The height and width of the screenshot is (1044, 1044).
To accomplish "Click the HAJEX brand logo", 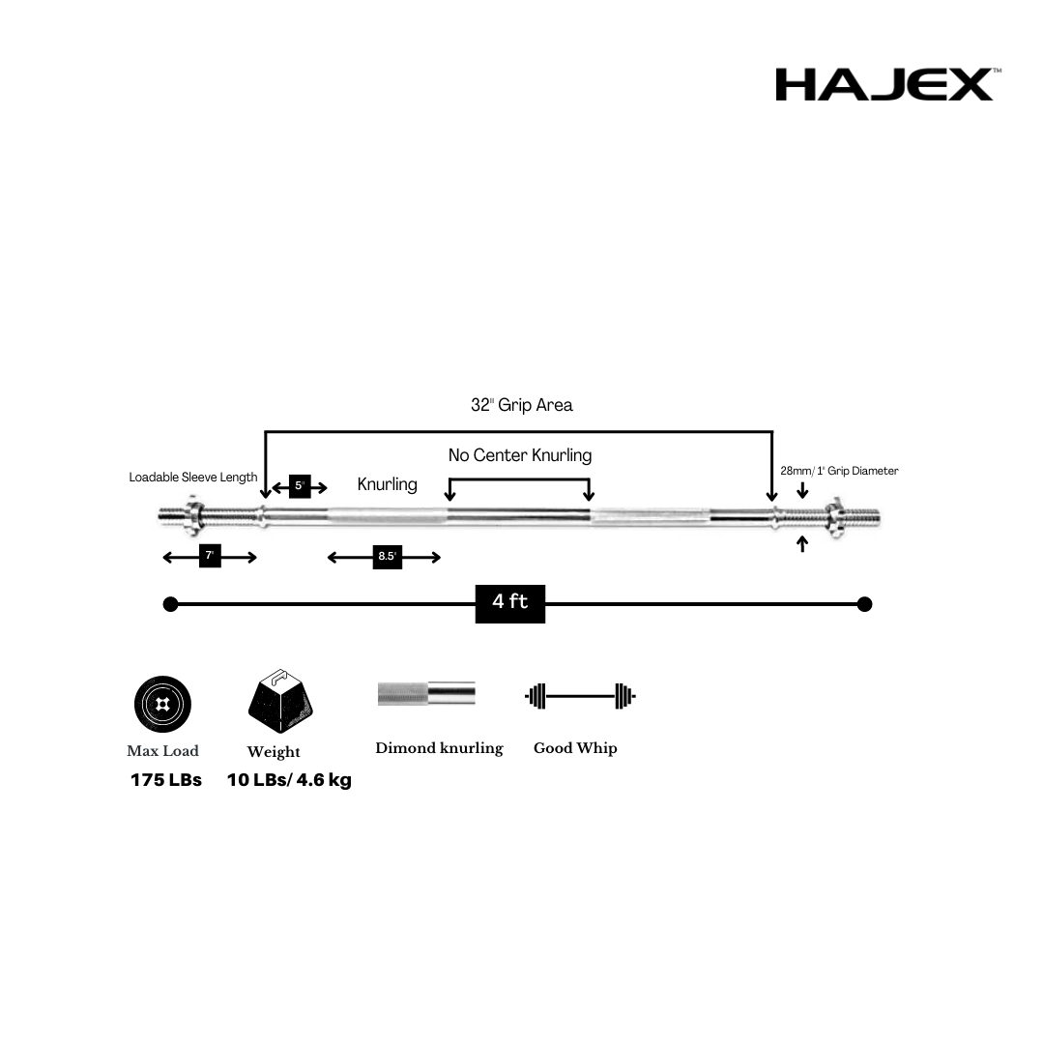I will point(884,84).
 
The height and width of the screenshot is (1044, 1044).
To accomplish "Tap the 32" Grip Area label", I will point(522,405).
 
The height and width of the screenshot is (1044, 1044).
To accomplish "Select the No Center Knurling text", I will point(520,454).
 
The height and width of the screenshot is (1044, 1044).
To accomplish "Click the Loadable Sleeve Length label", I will point(193,478).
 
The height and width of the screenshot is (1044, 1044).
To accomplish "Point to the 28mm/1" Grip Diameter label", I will point(839,471).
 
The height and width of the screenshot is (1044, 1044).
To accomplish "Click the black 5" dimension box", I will point(300,486).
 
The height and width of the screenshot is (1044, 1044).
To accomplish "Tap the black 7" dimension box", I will point(210,556).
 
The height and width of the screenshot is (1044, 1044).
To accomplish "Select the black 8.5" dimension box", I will point(387,557).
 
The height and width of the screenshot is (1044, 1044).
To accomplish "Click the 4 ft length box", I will point(510,603).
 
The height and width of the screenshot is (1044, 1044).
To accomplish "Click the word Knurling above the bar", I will point(388,484).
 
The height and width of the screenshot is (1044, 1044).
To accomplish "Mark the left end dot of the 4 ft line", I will point(171,604).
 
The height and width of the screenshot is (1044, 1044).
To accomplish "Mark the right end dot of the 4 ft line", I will point(865,604).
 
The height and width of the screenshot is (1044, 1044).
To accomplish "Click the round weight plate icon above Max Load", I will point(162,703).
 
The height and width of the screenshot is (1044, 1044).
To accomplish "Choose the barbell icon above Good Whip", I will point(580,695).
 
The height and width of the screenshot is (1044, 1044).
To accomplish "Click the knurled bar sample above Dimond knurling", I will point(426,694).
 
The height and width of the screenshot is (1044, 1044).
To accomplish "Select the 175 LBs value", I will point(166,780).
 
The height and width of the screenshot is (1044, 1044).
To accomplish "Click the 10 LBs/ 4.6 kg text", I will point(289,780).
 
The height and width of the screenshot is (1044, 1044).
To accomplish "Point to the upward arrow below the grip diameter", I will point(802,544).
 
